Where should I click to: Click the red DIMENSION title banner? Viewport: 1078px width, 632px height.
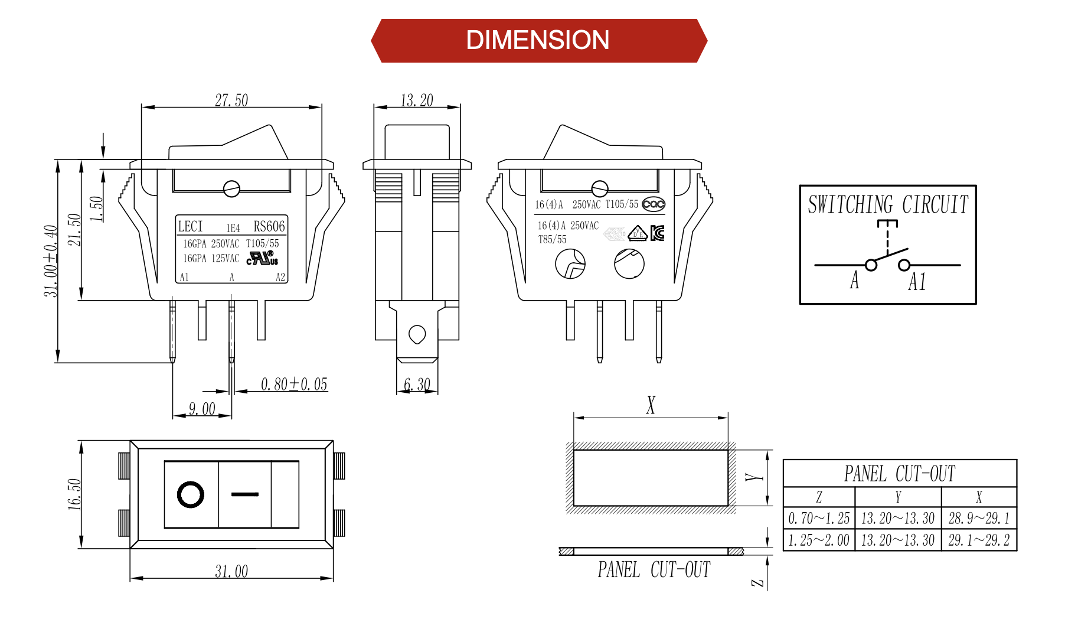(538, 40)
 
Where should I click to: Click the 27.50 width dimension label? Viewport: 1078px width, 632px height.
(231, 100)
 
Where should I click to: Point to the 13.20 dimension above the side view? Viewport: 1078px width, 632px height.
(417, 100)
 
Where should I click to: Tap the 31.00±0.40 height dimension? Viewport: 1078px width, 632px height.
(51, 260)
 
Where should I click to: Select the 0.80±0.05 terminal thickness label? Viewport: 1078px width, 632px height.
(294, 385)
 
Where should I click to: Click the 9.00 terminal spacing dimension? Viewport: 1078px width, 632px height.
(202, 409)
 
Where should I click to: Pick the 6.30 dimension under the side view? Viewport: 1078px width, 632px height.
(417, 385)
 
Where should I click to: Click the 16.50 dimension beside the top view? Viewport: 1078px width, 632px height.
(74, 494)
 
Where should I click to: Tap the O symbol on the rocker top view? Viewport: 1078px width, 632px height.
(191, 494)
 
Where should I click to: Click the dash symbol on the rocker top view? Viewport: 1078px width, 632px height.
(245, 494)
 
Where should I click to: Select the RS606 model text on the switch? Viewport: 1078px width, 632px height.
(269, 226)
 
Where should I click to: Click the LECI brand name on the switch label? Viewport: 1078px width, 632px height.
(190, 226)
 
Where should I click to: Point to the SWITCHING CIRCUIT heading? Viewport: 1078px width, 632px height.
(888, 205)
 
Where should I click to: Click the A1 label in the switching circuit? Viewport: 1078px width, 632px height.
(917, 282)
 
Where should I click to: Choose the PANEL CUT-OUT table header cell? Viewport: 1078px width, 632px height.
(899, 474)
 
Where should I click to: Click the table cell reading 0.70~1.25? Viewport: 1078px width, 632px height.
(819, 519)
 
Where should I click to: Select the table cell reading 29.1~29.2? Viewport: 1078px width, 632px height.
(979, 540)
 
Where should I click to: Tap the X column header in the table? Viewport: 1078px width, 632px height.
(979, 497)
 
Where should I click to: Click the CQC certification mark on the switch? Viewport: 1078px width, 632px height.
(654, 204)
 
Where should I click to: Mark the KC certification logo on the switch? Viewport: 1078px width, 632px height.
(657, 233)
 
